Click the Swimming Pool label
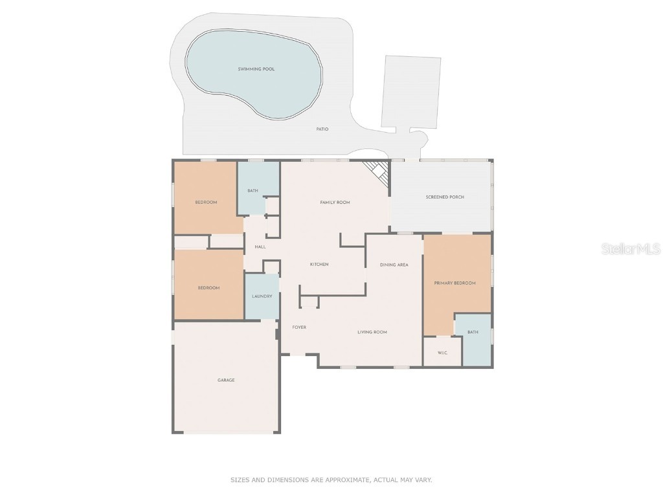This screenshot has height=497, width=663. [x=256, y=69]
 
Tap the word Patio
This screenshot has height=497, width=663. [x=322, y=129]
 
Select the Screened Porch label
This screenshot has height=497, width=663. [x=444, y=197]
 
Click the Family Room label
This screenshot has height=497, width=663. [x=335, y=203]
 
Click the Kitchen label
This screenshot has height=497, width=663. [x=319, y=264]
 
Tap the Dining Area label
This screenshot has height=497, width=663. [x=394, y=265]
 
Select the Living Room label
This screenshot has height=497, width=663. [x=372, y=332]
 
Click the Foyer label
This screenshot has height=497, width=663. [x=299, y=327]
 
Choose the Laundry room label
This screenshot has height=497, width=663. [x=262, y=296]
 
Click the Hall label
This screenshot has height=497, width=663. [x=260, y=247]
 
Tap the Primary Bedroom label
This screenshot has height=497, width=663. [x=455, y=283]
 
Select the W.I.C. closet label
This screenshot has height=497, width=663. [x=442, y=353]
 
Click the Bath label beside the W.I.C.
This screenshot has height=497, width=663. [x=473, y=332]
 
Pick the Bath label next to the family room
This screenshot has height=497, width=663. [x=253, y=190]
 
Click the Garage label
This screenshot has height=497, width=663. [x=226, y=380]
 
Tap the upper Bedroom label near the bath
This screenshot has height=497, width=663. [x=206, y=203]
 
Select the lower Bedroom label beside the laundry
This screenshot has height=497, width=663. [x=208, y=287]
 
